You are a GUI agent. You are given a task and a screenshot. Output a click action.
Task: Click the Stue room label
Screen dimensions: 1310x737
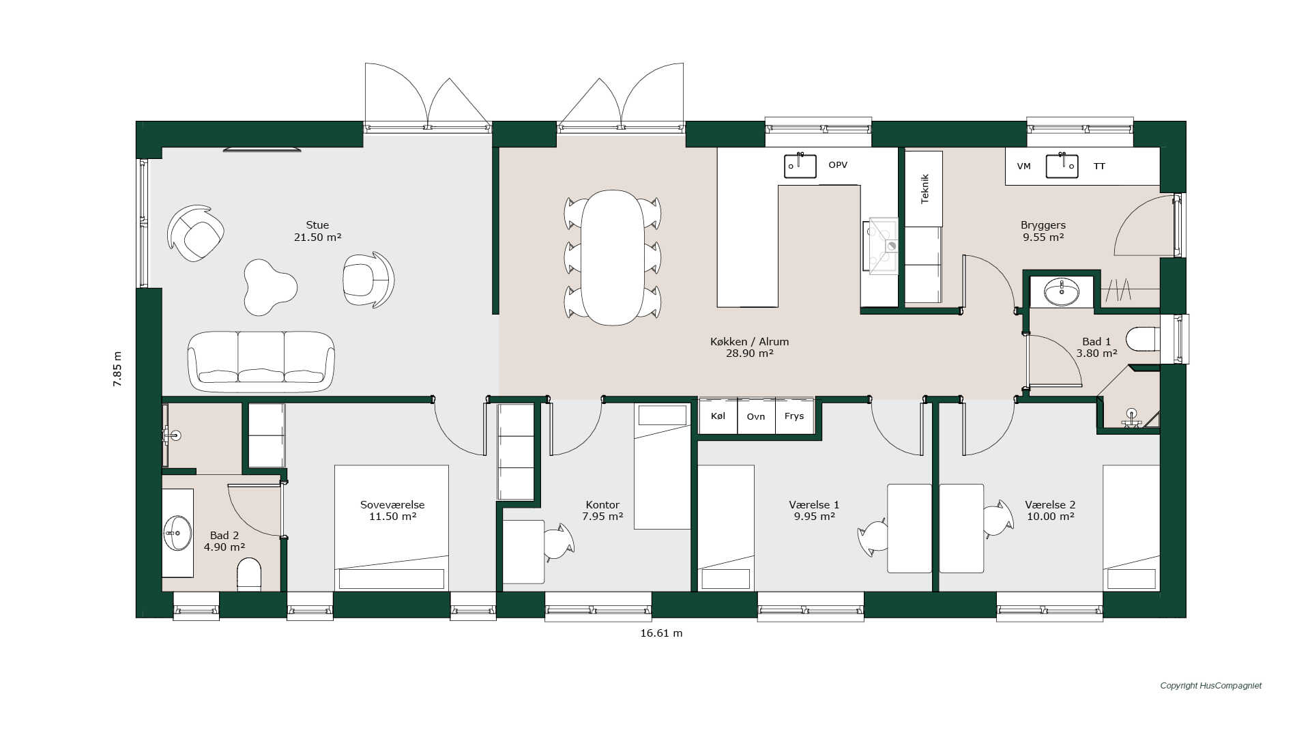tap(317, 225)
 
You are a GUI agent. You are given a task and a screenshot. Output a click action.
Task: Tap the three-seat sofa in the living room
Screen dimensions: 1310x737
tap(261, 361)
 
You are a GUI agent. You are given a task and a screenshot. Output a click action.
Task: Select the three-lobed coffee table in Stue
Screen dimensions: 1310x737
tap(270, 287)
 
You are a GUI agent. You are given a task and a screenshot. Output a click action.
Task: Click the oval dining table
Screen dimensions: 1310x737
tap(613, 257)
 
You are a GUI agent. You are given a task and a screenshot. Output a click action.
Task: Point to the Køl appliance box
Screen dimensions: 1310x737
tap(718, 416)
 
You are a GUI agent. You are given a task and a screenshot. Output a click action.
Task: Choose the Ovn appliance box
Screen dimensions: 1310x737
tap(756, 416)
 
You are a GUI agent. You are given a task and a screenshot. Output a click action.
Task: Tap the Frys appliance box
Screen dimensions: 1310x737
tap(794, 416)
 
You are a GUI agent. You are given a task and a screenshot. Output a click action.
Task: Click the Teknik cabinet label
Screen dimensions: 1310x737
tap(925, 188)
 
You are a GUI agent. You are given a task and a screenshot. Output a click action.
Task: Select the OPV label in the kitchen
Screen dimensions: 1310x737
tap(838, 165)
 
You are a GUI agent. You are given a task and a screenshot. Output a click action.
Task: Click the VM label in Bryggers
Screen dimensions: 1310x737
tap(1023, 167)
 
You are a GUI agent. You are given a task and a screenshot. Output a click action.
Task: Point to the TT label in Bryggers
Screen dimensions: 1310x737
tap(1099, 167)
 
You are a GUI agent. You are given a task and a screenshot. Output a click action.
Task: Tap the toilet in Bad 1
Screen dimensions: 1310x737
tap(1143, 339)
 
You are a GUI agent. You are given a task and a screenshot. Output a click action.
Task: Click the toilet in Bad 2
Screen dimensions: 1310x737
tap(249, 575)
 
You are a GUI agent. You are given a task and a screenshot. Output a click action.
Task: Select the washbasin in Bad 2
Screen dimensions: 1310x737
tap(177, 532)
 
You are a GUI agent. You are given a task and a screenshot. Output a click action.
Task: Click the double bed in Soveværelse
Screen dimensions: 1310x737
tap(392, 528)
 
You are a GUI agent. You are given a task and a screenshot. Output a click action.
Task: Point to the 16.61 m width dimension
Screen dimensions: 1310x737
tap(661, 633)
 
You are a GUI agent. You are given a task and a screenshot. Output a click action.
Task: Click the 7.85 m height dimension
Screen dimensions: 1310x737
tap(117, 369)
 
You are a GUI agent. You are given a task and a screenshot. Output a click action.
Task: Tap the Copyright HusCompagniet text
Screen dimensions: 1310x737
tap(1211, 686)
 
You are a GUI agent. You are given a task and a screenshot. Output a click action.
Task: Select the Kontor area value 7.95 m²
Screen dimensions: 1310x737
tap(602, 517)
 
